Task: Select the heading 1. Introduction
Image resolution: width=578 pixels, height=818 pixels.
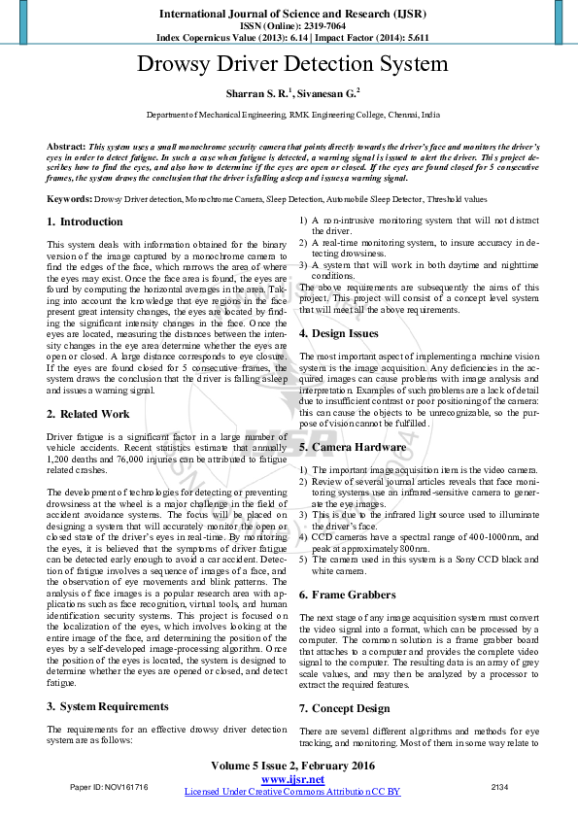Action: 85,222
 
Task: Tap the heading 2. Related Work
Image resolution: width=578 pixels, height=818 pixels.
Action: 89,414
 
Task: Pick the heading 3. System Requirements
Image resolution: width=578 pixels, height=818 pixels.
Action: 108,706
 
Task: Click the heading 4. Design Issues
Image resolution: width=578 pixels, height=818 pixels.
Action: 341,334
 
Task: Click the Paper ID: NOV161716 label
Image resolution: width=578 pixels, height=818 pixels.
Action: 109,786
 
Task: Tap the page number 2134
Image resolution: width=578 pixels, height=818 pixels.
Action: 499,786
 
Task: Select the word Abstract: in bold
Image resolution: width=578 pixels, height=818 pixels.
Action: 66,146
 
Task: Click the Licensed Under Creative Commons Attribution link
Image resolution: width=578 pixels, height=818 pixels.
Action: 292,792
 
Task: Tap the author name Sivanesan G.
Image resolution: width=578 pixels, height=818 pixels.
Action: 327,94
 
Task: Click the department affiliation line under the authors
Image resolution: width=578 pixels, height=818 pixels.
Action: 292,115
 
